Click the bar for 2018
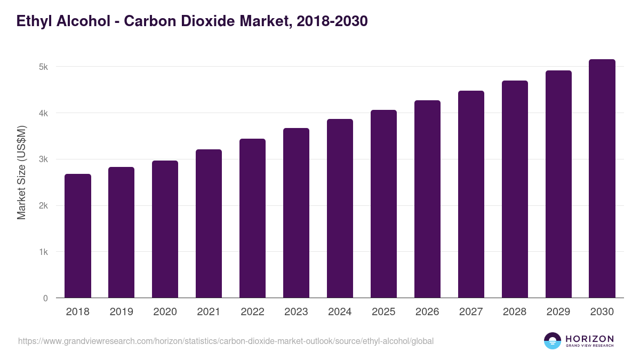(78, 236)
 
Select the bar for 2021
(209, 223)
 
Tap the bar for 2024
(340, 208)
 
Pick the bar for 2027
(471, 194)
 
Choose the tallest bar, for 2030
(602, 179)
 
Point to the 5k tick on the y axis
(43, 67)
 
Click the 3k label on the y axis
(43, 159)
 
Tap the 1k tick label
(43, 252)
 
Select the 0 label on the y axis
(45, 298)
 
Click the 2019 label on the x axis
(122, 312)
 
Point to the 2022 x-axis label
(252, 312)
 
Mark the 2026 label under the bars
(427, 312)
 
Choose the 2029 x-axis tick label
(558, 312)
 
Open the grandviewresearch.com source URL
(226, 341)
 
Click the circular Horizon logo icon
(553, 341)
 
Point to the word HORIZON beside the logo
(589, 339)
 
